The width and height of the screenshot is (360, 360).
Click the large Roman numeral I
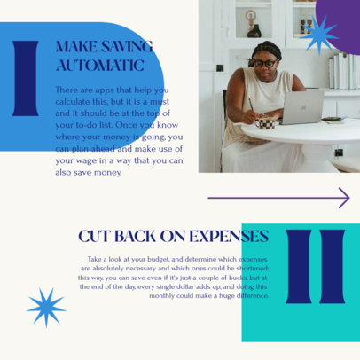(x=26, y=78)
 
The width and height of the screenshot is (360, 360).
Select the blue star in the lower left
(x=45, y=307)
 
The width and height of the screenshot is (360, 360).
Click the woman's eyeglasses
(x=264, y=63)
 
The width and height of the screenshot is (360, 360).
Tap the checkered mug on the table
(x=265, y=122)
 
